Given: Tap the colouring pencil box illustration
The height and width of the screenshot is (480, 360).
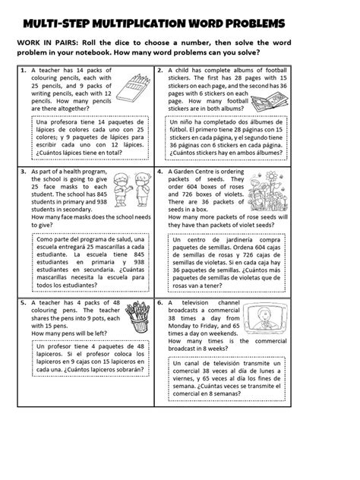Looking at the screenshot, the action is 133,88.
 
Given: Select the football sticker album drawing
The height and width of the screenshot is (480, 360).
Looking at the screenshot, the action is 270,102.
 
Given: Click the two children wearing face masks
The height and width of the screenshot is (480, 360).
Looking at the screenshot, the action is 131,189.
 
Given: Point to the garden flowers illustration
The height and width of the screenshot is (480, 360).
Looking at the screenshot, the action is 268,191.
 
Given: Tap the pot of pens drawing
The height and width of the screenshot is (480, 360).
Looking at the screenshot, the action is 137,317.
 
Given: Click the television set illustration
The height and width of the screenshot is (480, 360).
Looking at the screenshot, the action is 267,318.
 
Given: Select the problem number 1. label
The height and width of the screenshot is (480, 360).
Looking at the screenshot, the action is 24,71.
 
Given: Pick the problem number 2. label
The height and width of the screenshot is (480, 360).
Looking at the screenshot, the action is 159,71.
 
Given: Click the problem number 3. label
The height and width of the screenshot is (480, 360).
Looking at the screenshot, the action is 24,172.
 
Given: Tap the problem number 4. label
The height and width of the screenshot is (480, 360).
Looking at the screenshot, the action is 159,172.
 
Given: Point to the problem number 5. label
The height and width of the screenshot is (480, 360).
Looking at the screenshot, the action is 24,303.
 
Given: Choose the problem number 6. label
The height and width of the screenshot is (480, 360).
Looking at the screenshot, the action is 159,303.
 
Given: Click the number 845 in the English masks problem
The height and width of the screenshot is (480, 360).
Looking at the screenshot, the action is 102,194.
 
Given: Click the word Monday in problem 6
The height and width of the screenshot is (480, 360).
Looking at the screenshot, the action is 179,326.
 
